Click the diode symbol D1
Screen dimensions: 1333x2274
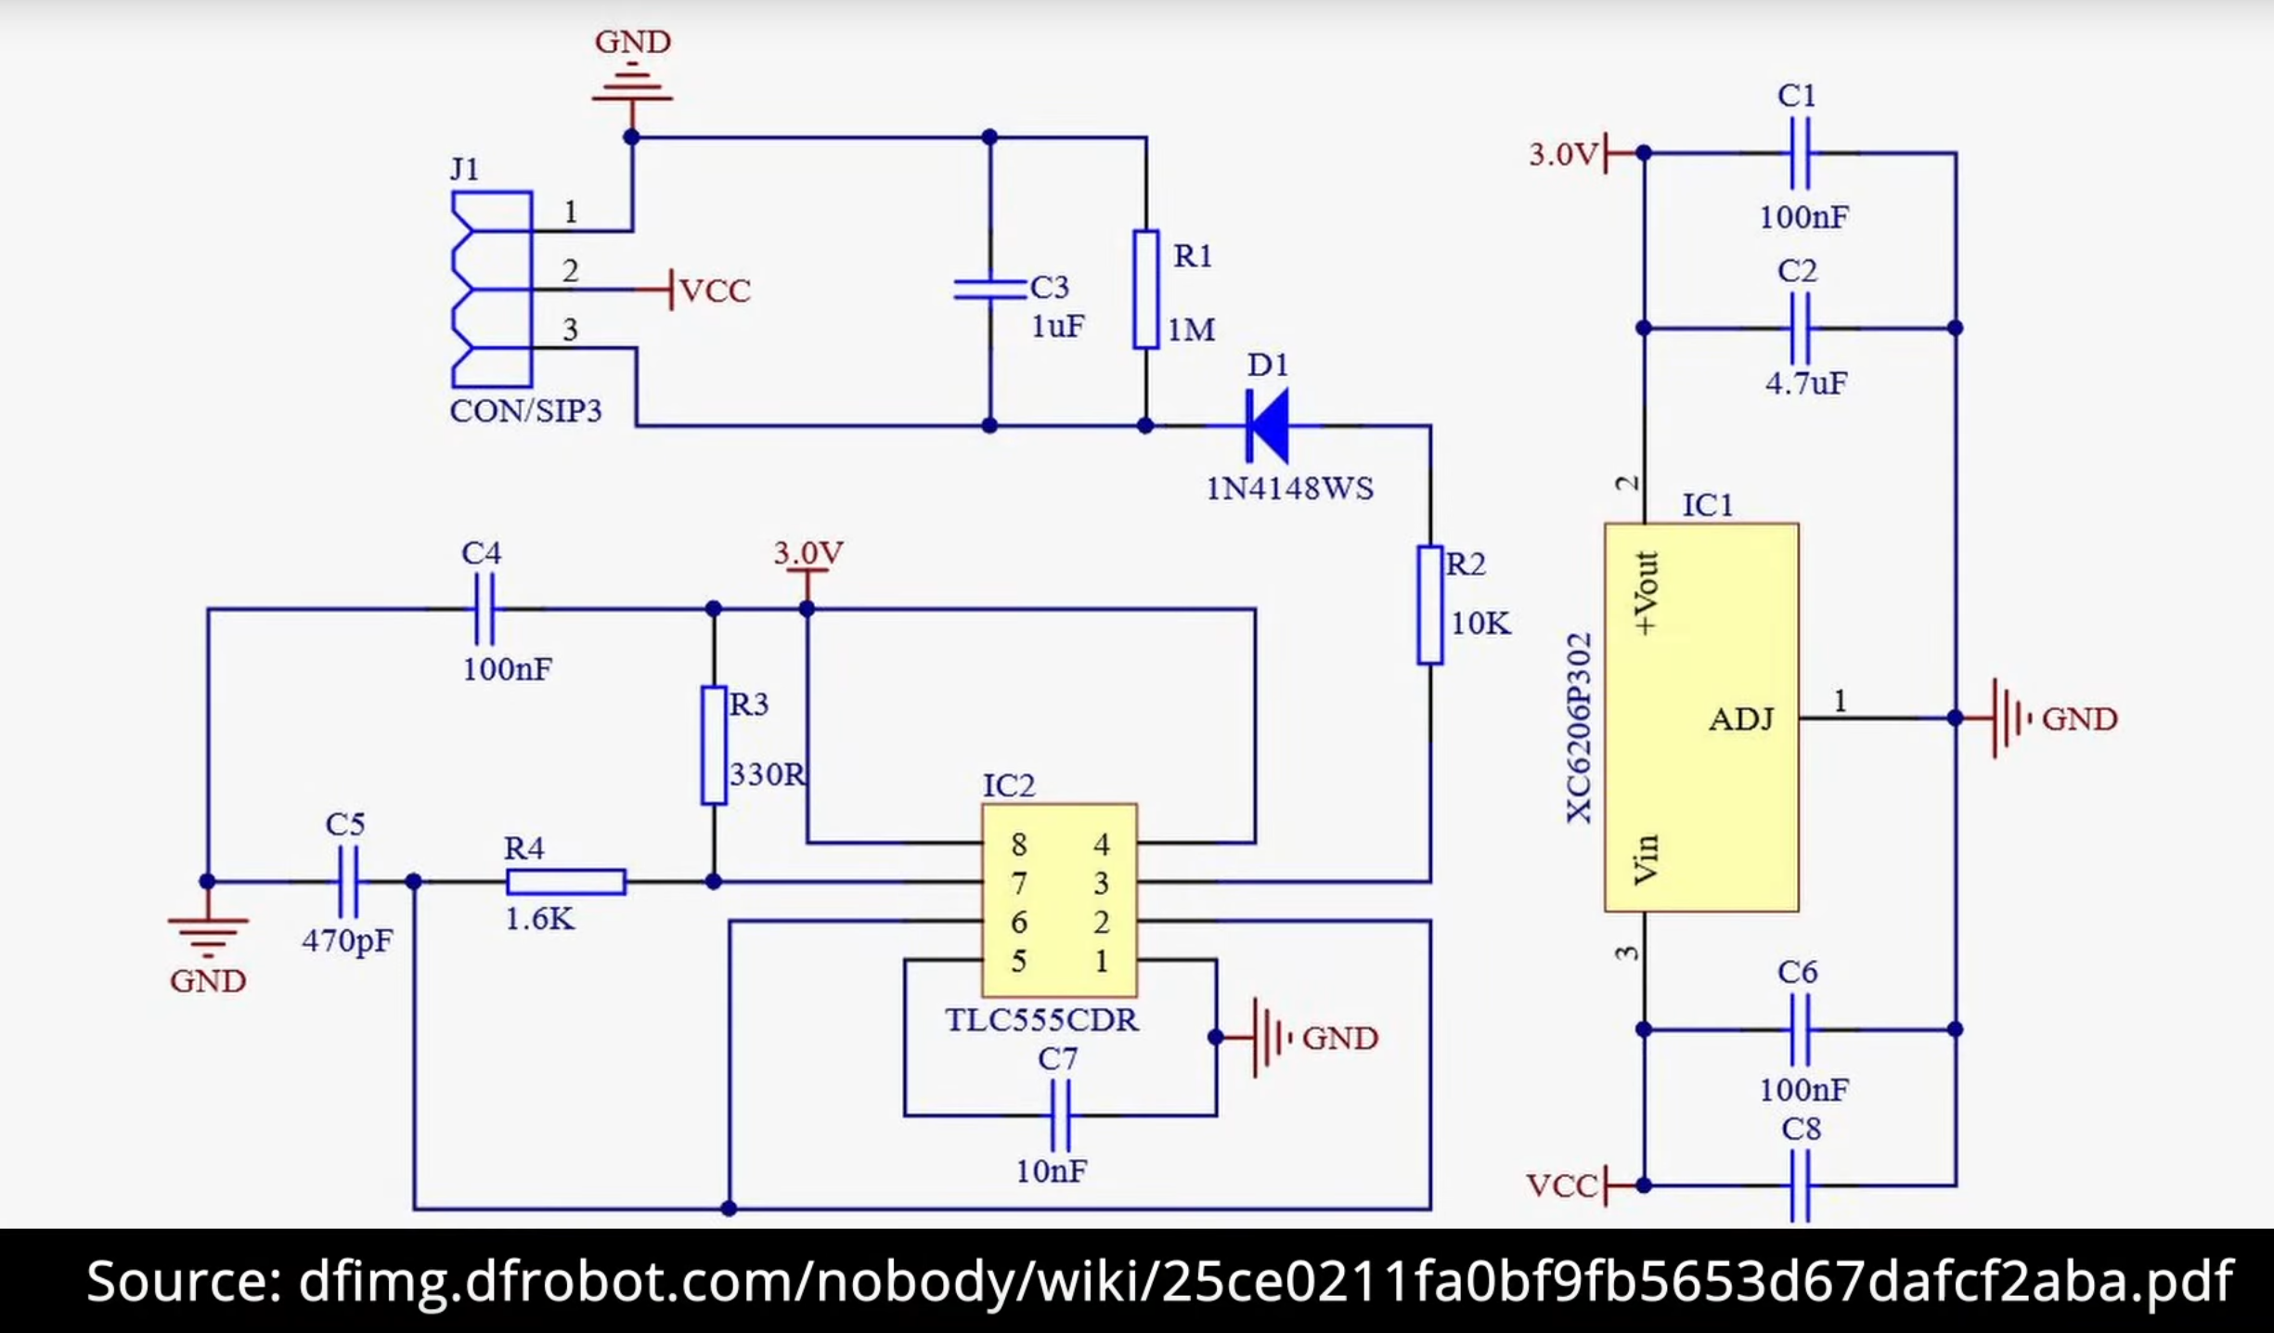click(x=1268, y=426)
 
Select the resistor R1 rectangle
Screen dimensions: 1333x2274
click(x=1146, y=290)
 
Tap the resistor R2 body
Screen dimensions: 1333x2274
click(x=1430, y=605)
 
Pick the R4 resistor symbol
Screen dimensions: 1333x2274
click(x=566, y=881)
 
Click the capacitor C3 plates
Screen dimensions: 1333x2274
click(x=989, y=289)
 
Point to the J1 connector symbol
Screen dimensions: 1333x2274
click(x=491, y=290)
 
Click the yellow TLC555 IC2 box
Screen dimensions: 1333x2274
click(x=1059, y=900)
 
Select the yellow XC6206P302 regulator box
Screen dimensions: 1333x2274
click(x=1701, y=718)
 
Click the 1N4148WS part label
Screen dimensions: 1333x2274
click(x=1289, y=488)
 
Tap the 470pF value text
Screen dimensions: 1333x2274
click(x=347, y=940)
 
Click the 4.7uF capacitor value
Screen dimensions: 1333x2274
click(x=1806, y=382)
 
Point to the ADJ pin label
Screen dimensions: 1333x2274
click(x=1741, y=718)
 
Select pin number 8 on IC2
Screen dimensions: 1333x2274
click(x=1019, y=844)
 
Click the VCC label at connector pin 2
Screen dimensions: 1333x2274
click(x=714, y=291)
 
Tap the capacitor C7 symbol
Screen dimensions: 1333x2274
click(x=1060, y=1115)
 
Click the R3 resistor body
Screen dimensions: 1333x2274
click(x=714, y=744)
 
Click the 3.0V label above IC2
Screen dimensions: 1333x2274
click(x=808, y=553)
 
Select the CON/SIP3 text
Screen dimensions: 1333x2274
click(x=525, y=410)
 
